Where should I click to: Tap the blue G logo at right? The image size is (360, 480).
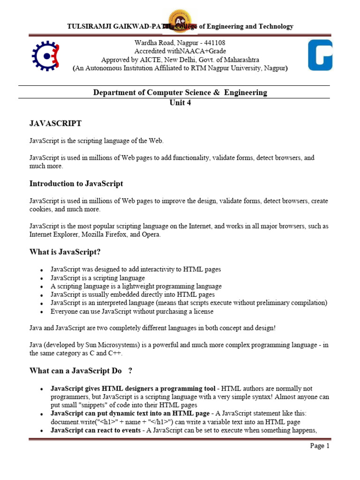pos(320,55)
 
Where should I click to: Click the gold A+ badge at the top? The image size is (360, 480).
pos(180,21)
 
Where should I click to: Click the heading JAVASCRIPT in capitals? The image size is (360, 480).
pos(55,123)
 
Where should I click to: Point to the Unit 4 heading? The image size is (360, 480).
pos(180,103)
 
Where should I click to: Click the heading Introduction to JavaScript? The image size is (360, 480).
pos(76,183)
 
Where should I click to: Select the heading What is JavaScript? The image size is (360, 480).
pos(65,252)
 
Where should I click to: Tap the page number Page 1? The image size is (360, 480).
pos(320,446)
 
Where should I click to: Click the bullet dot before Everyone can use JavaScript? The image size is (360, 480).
pos(42,312)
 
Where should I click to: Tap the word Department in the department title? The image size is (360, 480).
pos(114,92)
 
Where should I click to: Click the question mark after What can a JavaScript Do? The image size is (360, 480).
pos(130,371)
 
